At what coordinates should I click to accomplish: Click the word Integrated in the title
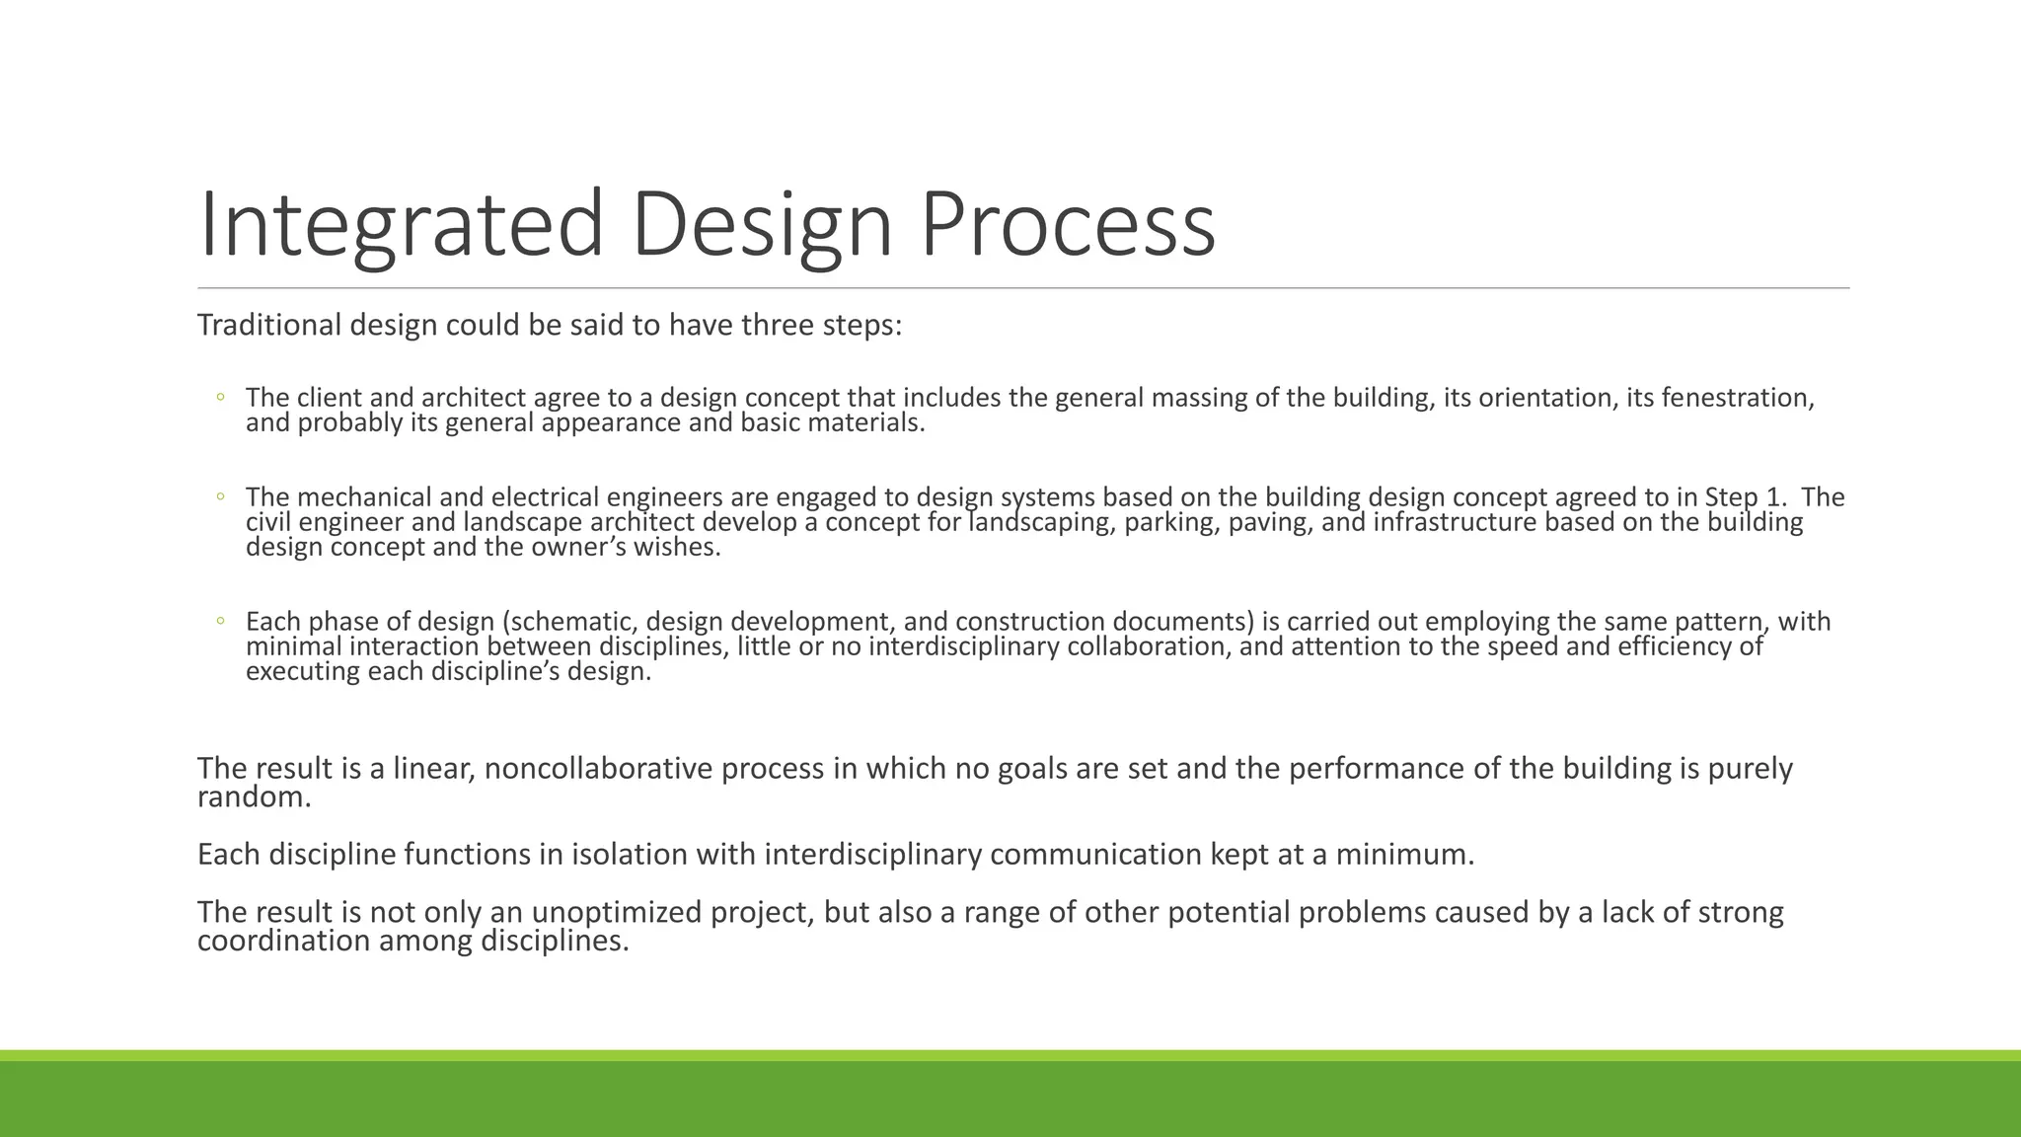tap(400, 225)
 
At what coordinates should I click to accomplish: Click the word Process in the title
tap(1068, 225)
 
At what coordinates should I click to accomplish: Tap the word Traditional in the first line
tap(268, 325)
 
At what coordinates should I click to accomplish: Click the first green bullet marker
tap(221, 397)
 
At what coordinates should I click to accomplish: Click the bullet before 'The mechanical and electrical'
tap(221, 496)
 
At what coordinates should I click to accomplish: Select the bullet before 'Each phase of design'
tap(221, 621)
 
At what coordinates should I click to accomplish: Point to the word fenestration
tap(1737, 398)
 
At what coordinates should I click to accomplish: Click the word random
tap(253, 797)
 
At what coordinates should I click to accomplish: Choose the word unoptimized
tap(617, 912)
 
